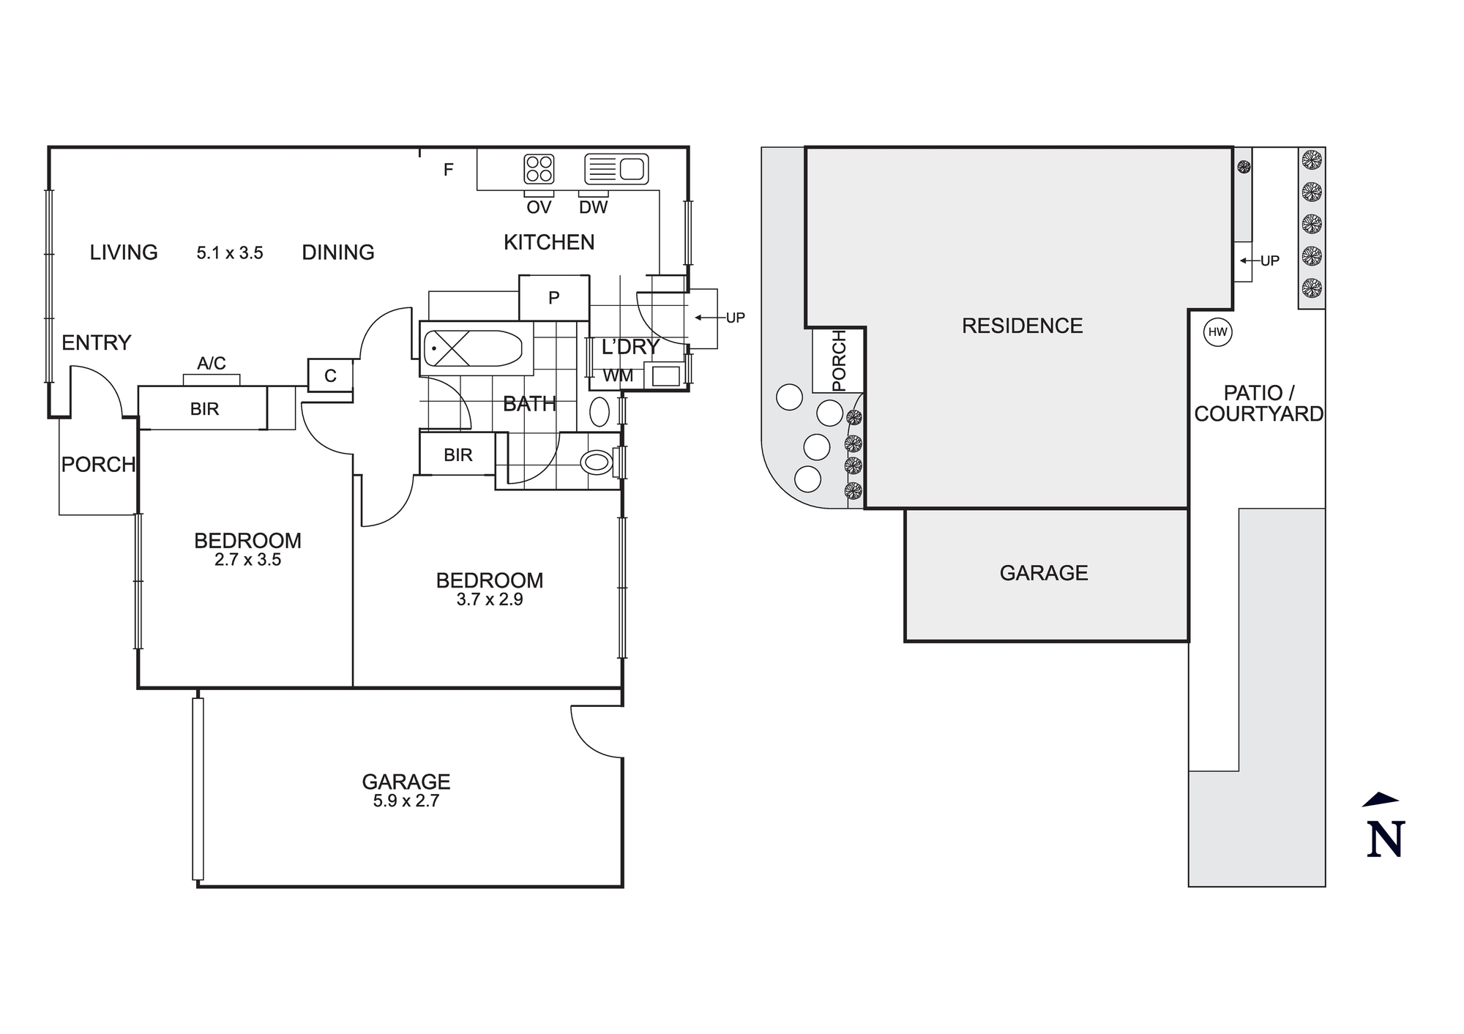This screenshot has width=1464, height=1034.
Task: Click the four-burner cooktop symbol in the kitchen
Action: point(539,169)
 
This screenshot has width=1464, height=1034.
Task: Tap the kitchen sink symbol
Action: point(616,169)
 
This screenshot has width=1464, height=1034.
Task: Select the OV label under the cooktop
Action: point(539,208)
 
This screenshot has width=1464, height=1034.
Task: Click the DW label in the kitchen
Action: point(593,208)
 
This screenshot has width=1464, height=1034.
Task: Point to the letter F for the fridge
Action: point(449,170)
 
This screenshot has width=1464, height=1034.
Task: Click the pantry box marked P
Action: point(554,298)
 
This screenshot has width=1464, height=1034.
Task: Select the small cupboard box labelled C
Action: point(330,375)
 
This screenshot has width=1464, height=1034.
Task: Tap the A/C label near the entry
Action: point(212,363)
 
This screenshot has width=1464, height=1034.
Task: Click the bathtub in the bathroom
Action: point(473,349)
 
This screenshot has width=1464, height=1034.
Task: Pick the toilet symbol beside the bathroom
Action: point(596,462)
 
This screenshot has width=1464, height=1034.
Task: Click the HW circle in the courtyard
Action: point(1217,332)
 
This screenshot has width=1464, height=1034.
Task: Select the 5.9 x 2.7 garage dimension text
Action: point(406,801)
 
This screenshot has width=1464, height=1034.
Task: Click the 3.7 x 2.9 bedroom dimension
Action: point(489,600)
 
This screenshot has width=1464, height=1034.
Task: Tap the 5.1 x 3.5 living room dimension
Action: point(230,253)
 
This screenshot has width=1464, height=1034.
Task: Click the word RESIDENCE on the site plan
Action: point(1022,326)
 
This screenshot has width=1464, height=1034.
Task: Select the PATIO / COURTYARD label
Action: point(1258,404)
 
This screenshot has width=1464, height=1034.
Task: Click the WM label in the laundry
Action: point(618,376)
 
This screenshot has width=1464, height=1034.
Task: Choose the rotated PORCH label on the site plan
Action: point(839,360)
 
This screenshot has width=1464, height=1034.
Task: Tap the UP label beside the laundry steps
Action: point(735,318)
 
